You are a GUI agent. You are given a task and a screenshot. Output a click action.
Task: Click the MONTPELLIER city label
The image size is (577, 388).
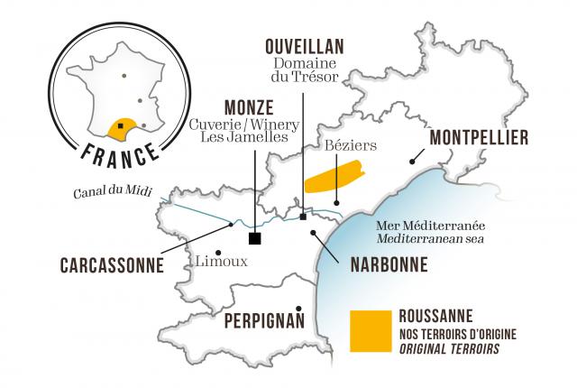(x=478, y=139)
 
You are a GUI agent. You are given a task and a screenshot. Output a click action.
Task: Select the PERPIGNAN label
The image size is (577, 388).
(x=259, y=320)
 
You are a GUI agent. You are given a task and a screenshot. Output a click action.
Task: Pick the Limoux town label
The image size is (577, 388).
(x=220, y=262)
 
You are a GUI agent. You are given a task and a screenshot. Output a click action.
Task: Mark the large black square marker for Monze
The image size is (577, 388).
(x=255, y=237)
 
